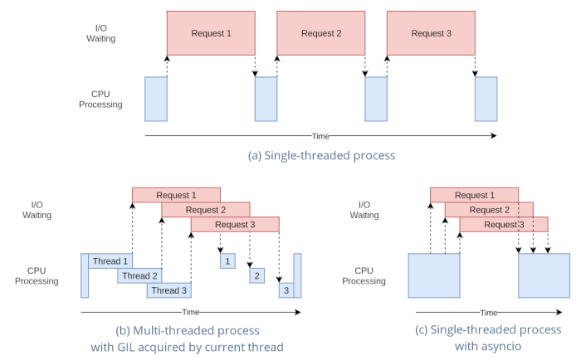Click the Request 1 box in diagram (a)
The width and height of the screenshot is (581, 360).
point(211,34)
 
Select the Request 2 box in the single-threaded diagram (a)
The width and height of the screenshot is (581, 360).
point(321,34)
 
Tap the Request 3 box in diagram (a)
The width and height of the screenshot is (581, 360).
point(431,34)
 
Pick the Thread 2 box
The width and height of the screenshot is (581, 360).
point(138,275)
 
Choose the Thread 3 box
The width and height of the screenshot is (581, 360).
point(168,290)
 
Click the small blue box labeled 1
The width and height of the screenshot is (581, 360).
point(226,261)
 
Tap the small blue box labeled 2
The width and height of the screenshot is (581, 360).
point(257,275)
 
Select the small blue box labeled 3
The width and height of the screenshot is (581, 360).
point(286,290)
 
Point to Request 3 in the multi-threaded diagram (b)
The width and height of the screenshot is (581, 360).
point(234,225)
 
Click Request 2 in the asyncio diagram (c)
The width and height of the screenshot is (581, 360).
point(489,210)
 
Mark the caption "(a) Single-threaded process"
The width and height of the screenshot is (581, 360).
point(321,155)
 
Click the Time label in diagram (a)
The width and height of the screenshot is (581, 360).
point(320,136)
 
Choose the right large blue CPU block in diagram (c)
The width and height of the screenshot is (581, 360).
point(544,275)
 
